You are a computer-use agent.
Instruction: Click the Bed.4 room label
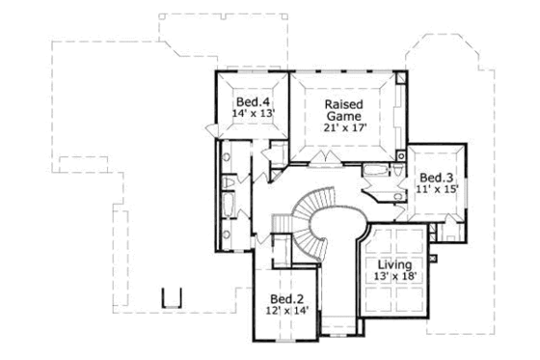click(254, 99)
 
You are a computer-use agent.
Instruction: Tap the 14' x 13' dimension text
click(254, 113)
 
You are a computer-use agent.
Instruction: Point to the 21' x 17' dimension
click(343, 127)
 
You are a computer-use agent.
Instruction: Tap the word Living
click(394, 263)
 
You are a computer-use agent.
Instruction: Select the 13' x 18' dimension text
click(394, 276)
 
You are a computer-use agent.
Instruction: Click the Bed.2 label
click(287, 298)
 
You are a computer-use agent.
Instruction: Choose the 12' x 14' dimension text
click(287, 312)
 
